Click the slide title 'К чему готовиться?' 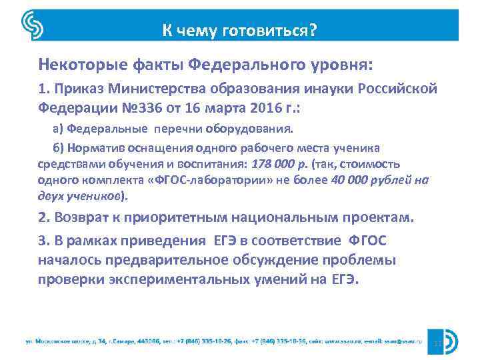pos(239,31)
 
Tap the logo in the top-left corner pos(33,26)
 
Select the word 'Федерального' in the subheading pos(245,66)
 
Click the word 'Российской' pos(398,89)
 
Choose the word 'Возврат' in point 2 pos(81,218)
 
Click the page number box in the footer pos(438,343)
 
